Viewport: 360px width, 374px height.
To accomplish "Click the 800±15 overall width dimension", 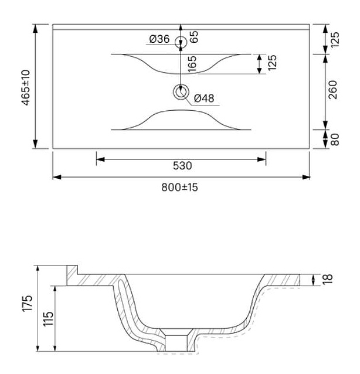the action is (x=179, y=187).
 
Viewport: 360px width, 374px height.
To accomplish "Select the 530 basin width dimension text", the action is (x=182, y=165).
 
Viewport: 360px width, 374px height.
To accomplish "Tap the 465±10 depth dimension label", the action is (x=26, y=87).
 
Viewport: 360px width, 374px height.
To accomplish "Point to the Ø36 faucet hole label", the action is (x=159, y=39).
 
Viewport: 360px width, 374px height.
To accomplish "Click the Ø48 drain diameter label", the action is (x=204, y=98).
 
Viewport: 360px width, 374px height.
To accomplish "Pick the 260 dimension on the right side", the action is (x=333, y=90).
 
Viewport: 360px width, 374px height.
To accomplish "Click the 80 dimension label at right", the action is (x=335, y=140).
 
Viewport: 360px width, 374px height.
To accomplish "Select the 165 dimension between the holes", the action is (x=192, y=64).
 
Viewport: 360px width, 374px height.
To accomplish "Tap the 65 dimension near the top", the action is (x=194, y=37).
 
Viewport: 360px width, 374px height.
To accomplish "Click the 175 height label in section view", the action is (x=27, y=303).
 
